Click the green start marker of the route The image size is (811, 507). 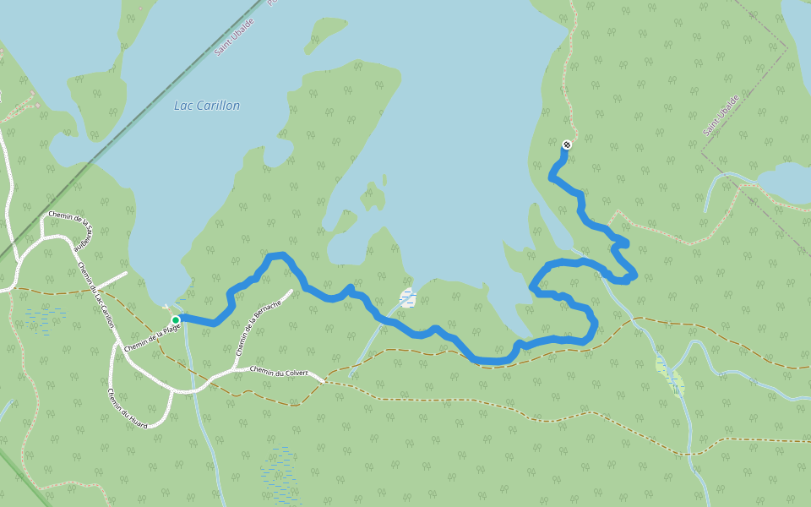click(176, 320)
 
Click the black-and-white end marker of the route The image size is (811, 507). click(567, 144)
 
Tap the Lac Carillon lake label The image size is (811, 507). click(207, 106)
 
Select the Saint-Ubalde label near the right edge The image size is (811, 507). click(721, 116)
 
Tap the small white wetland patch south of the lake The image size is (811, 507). click(408, 297)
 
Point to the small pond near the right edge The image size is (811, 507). click(787, 181)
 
